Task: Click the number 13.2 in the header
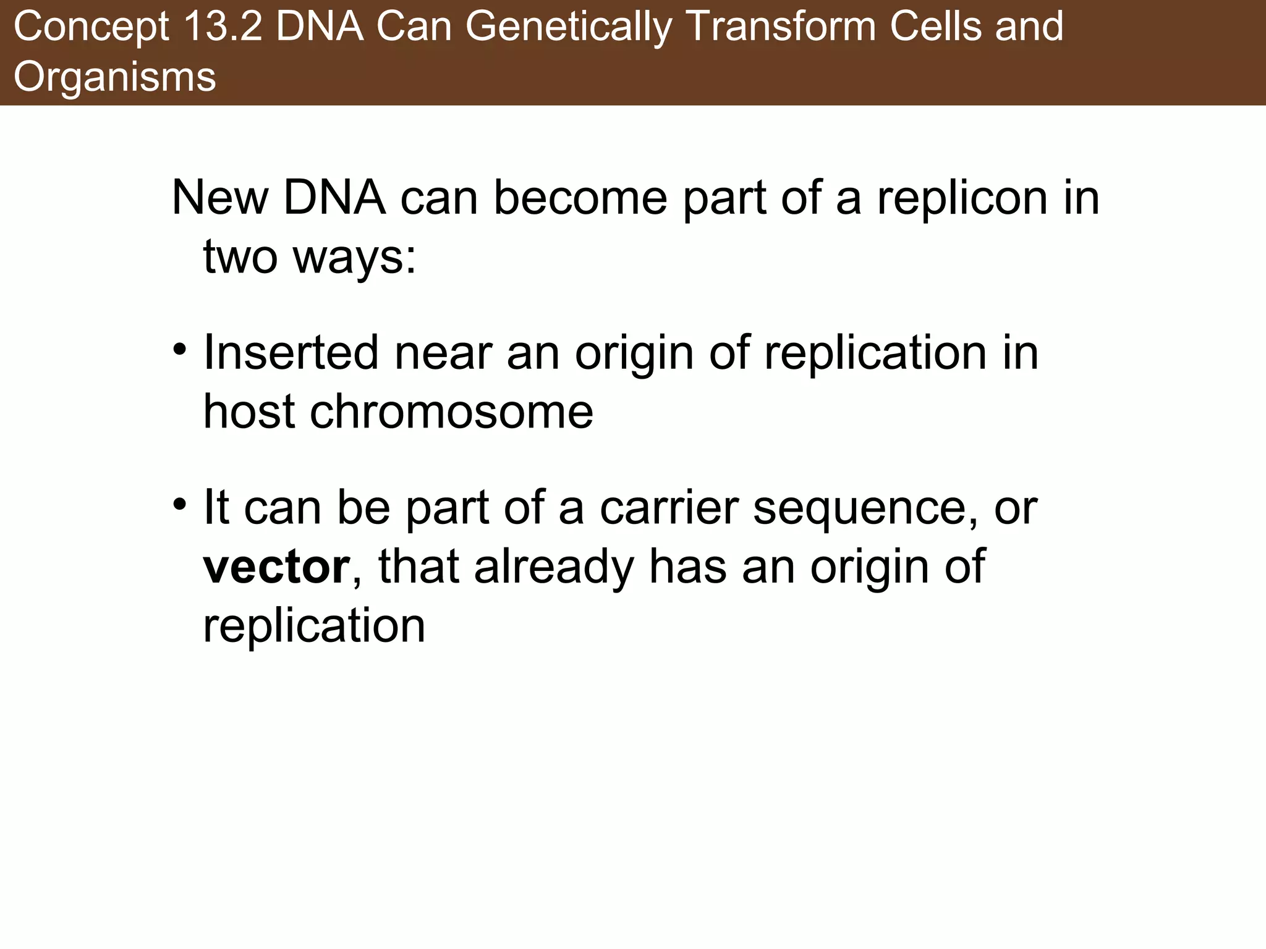[x=223, y=27]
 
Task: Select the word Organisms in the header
[x=115, y=77]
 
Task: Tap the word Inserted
[x=291, y=353]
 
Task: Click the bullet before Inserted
[x=180, y=350]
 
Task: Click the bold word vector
[x=276, y=567]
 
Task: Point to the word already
[x=554, y=567]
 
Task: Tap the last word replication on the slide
[x=314, y=626]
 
